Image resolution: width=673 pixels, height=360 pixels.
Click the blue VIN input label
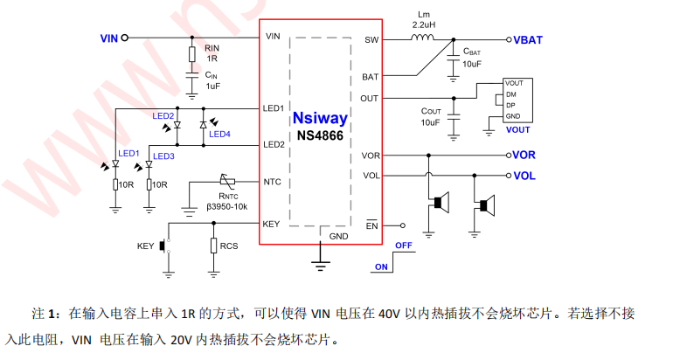(109, 38)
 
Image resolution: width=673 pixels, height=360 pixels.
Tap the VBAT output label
(527, 40)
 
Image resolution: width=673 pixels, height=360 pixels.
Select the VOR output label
(524, 156)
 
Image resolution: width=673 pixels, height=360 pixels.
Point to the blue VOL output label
(524, 176)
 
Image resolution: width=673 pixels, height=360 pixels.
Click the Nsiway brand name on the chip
(320, 118)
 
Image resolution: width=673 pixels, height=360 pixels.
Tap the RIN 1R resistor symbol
(193, 55)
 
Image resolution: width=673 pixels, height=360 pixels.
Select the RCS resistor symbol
(212, 245)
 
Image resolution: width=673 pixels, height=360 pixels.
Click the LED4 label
(219, 134)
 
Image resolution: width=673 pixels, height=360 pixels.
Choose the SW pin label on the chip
(371, 40)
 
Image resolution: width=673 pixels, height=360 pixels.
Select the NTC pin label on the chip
(272, 182)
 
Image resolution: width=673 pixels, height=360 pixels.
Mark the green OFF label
(403, 246)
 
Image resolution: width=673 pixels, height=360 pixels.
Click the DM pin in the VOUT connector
(511, 93)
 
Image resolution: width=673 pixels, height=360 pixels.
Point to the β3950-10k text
(227, 206)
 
